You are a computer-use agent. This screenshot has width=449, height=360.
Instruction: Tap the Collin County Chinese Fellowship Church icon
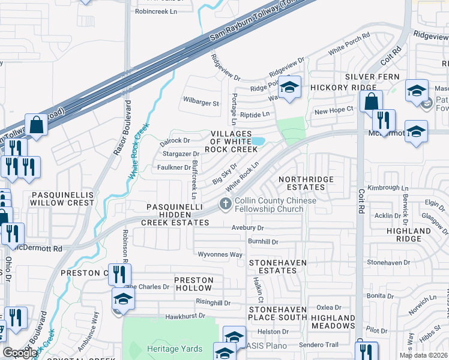tap(226, 204)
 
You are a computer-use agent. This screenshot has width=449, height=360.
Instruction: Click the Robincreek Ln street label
tap(157, 11)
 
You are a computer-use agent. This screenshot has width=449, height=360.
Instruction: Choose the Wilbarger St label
tap(201, 103)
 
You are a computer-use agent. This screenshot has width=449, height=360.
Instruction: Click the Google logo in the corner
tap(20, 353)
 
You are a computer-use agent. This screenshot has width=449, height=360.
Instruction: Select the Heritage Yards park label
tap(173, 349)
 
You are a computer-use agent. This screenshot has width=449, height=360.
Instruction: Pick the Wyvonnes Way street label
tap(220, 254)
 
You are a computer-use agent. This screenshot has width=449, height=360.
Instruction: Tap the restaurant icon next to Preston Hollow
tap(119, 274)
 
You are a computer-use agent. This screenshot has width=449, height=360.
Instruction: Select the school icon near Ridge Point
tap(289, 88)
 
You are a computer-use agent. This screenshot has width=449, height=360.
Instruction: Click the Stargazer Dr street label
tap(181, 154)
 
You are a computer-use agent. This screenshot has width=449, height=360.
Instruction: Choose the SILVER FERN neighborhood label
tap(372, 77)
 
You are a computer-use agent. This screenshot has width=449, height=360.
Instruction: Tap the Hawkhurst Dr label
tap(185, 316)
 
